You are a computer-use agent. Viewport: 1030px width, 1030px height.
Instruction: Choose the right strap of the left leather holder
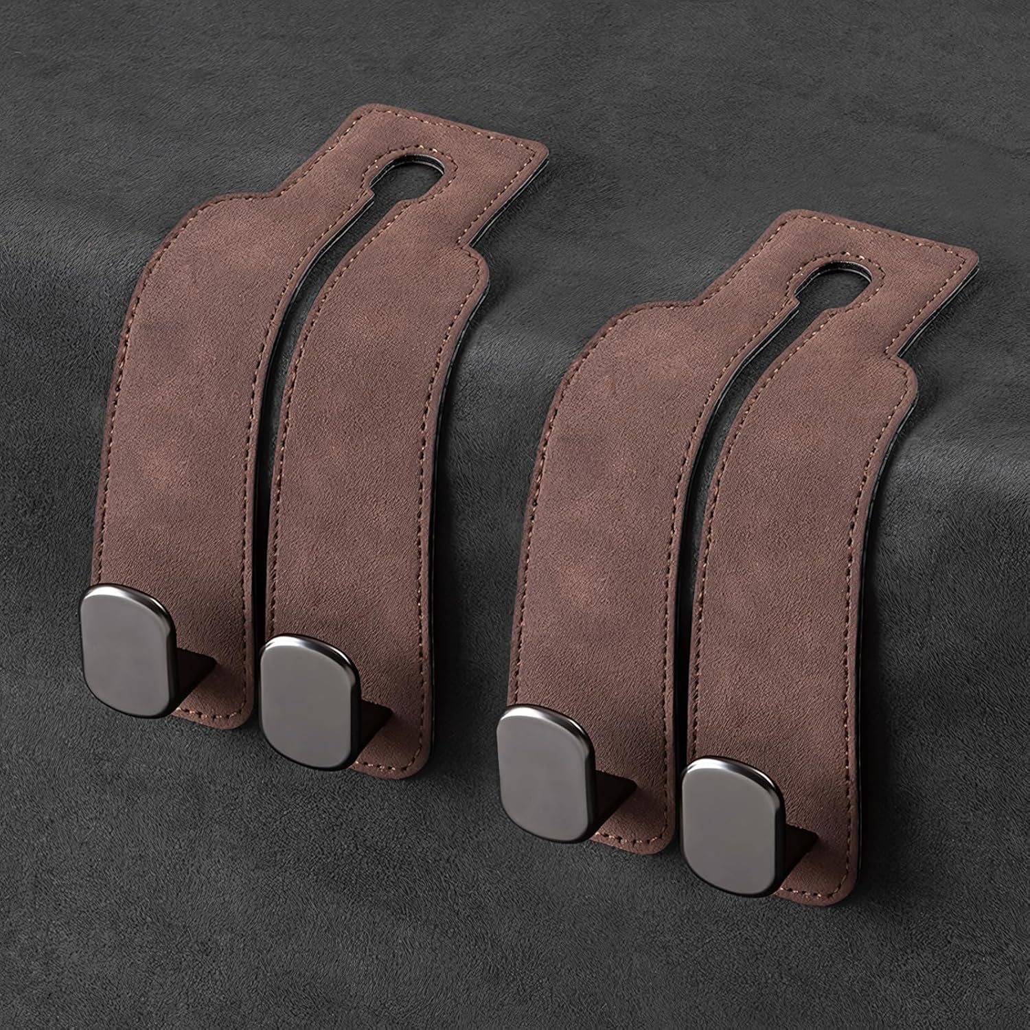[364, 446]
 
